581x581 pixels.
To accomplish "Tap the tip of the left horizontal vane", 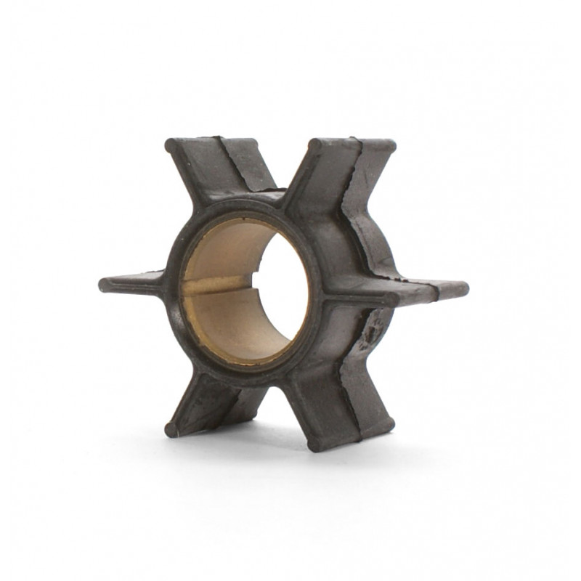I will point(104,284).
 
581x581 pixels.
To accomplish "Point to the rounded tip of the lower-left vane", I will point(171,428).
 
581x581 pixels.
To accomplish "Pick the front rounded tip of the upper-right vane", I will point(314,146).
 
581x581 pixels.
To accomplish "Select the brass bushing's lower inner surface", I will point(232,327).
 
